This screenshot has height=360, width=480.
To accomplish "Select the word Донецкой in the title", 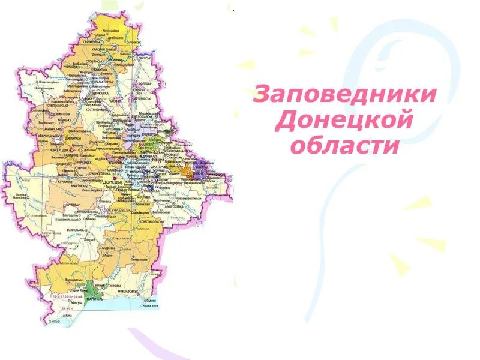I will pos(344,120).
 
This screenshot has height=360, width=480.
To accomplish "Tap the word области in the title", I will pos(344,145).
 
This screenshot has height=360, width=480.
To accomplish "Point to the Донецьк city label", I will pos(113,181).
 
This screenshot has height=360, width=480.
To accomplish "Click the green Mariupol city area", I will pos(91,287).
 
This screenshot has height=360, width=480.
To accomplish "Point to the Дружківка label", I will pos(100,93).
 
